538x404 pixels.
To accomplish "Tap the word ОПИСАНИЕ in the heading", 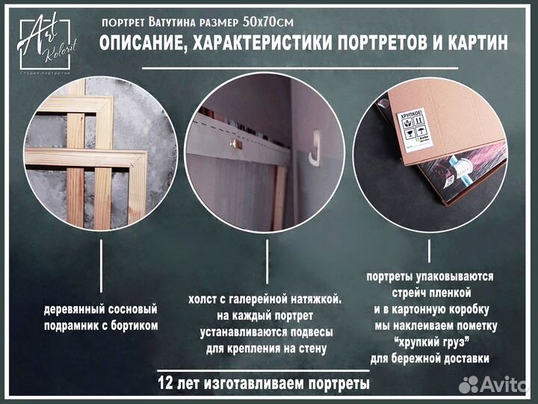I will (141, 44).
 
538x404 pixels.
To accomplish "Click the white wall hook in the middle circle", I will (315, 143).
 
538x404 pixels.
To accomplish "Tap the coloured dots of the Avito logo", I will (469, 384).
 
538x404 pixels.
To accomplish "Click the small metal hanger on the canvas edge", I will (233, 143).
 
